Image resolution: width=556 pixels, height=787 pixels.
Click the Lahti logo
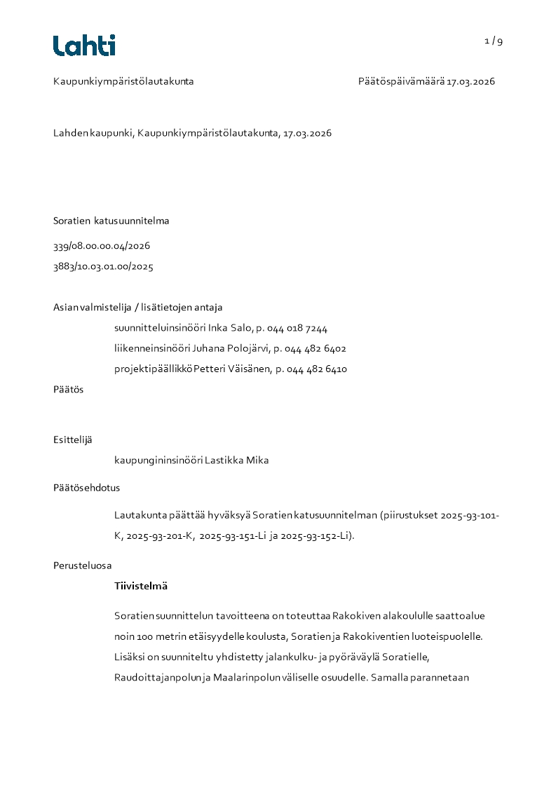84,46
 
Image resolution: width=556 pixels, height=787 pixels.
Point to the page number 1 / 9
494,41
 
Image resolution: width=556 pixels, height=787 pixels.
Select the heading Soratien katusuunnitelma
111,221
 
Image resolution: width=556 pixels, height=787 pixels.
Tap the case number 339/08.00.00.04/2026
102,246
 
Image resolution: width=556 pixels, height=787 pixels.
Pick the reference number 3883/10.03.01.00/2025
103,266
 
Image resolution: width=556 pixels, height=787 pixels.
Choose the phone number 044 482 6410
317,369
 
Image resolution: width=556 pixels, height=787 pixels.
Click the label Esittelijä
72,440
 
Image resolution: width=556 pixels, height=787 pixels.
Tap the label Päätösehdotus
81,488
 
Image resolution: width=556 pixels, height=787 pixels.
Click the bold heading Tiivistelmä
140,586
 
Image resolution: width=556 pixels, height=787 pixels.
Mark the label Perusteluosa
82,566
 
